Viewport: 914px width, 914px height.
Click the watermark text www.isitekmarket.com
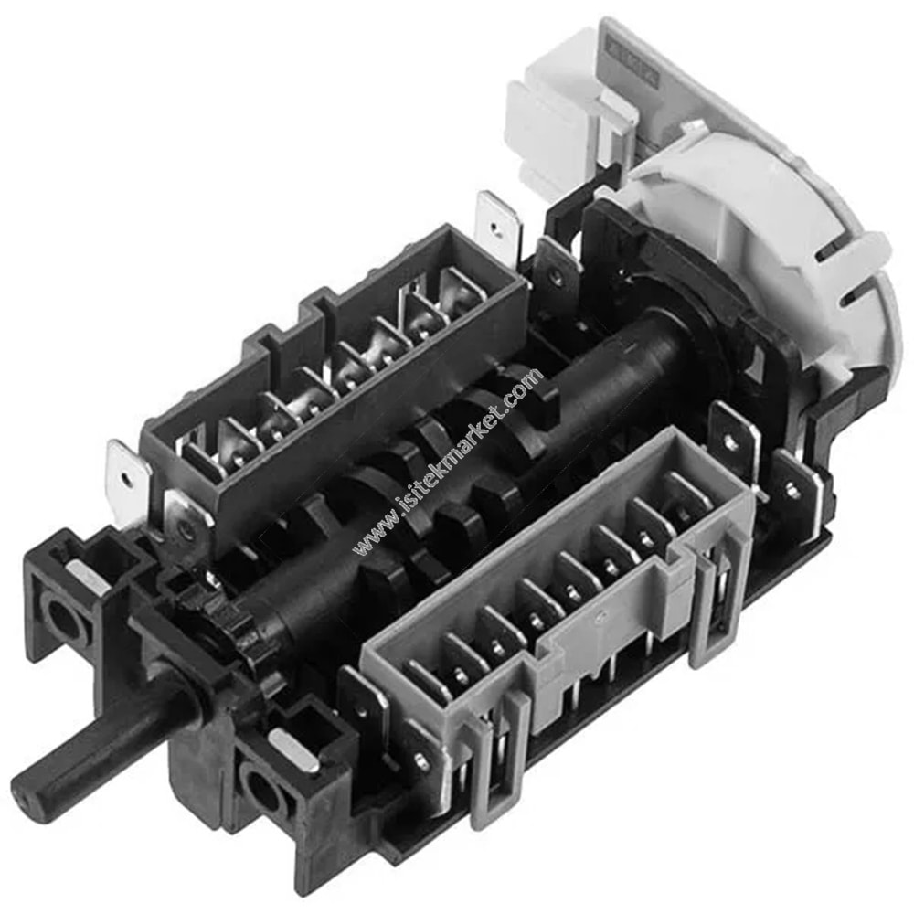pyautogui.click(x=449, y=461)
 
